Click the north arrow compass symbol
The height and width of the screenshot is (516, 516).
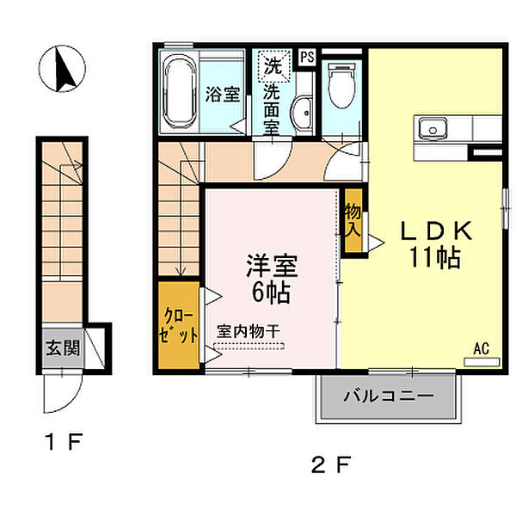62,69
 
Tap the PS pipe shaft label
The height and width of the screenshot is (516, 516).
307,58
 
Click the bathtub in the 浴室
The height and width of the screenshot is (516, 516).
180,92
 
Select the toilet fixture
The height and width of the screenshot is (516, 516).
342,85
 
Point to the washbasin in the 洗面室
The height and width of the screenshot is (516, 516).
302,114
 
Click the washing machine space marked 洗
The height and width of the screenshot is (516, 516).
274,65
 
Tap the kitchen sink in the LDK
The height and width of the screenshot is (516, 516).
433,129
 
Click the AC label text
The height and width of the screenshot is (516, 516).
481,348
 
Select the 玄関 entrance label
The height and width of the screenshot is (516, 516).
63,347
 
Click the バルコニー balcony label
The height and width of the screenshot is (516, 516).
389,396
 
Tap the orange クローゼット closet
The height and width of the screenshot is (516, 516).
179,324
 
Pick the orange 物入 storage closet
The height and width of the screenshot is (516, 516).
353,220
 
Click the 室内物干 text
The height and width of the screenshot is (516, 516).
249,331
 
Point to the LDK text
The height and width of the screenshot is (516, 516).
436,230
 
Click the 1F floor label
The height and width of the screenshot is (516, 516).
64,442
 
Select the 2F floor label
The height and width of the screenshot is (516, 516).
331,465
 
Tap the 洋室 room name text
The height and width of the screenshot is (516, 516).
272,266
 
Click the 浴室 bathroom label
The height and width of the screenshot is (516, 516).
223,94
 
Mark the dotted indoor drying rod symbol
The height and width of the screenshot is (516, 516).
249,347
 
